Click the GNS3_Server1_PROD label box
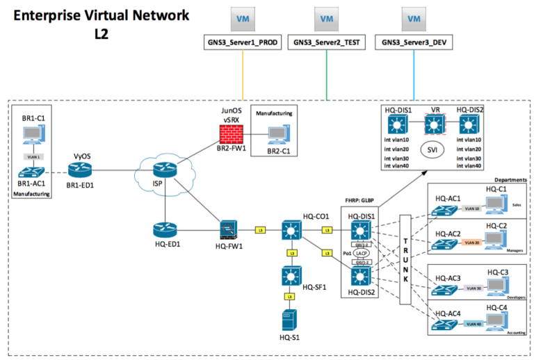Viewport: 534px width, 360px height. (243, 42)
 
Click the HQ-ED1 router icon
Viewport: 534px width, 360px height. (165, 229)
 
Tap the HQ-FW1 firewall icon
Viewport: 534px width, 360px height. (229, 229)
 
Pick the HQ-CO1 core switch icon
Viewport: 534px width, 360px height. (291, 229)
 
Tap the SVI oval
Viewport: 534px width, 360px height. (432, 149)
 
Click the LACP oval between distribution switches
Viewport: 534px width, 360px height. (360, 253)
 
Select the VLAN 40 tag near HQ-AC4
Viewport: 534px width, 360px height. (474, 322)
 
